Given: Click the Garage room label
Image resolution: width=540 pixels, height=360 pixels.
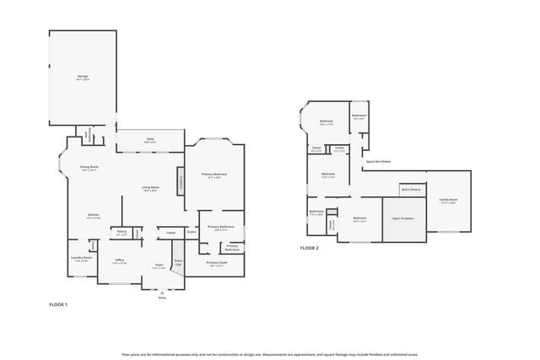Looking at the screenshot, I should (83, 77).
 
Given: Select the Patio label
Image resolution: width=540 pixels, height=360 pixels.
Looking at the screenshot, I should (150, 140).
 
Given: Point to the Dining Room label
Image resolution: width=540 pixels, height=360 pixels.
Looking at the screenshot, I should (89, 169).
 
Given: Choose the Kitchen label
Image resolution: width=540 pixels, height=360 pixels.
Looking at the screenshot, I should (94, 216).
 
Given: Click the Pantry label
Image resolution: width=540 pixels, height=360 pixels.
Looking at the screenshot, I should (121, 232).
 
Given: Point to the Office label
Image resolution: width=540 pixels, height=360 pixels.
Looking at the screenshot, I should (120, 261).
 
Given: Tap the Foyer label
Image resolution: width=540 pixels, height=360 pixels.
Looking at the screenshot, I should (158, 266).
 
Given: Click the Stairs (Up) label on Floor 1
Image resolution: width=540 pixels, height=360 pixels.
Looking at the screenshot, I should (178, 262).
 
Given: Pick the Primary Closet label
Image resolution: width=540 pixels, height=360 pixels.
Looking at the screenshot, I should (217, 264).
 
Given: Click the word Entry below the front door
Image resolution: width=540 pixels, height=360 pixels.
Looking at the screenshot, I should (162, 298).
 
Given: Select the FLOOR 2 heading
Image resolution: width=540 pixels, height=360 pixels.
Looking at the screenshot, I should (310, 248).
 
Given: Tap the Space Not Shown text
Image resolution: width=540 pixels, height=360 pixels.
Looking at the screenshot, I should (378, 161).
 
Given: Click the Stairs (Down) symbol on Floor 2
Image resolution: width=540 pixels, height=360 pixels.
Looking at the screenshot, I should (411, 189).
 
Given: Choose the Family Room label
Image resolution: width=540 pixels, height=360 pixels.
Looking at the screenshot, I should (447, 201).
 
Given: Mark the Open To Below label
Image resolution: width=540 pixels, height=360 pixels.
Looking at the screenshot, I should (402, 218).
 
